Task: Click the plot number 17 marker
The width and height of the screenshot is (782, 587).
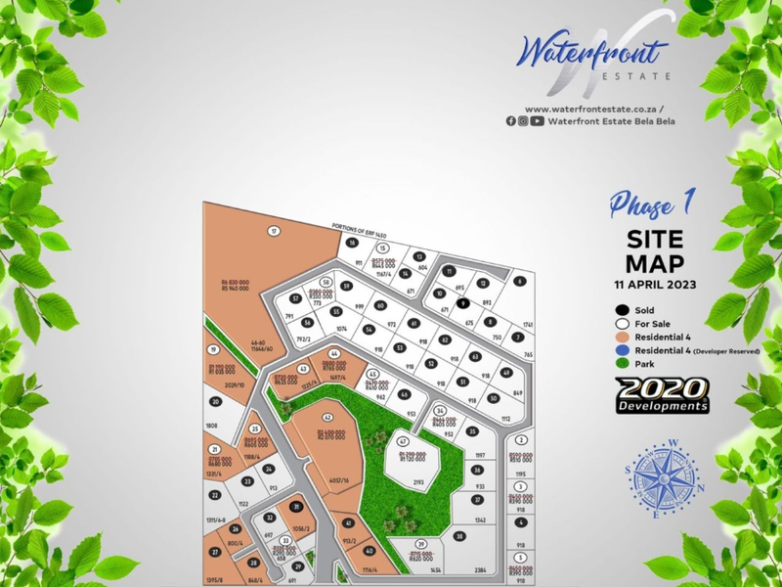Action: (x=275, y=230)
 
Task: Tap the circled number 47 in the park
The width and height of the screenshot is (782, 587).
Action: (x=402, y=441)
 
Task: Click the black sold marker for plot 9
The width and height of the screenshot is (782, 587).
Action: (x=463, y=304)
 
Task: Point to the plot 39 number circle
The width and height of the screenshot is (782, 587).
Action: (x=421, y=543)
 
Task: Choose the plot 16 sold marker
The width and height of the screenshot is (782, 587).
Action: (x=352, y=243)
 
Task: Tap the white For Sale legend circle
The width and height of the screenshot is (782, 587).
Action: (x=621, y=322)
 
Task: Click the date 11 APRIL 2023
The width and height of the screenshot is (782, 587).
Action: (x=654, y=285)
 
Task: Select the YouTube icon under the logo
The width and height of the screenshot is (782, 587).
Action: (x=538, y=121)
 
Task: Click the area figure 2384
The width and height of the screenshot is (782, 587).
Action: (x=480, y=569)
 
